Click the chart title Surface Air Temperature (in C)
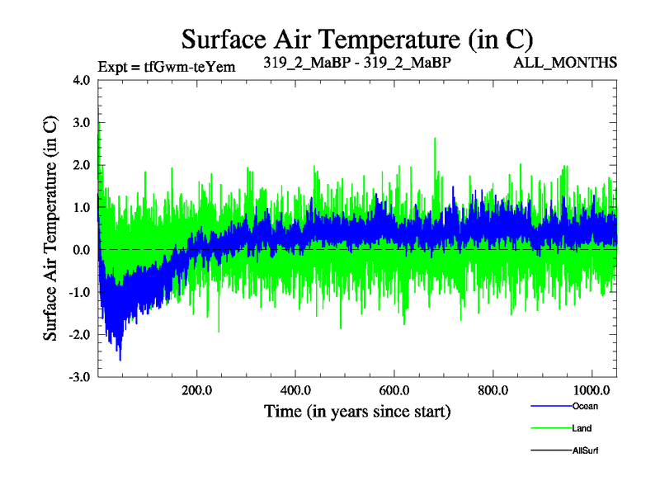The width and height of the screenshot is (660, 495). click(357, 39)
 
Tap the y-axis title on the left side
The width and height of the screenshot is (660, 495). click(50, 229)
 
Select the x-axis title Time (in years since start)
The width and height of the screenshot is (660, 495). click(357, 410)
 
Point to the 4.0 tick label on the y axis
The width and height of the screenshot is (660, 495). click(84, 81)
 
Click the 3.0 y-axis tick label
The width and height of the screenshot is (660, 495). click(84, 123)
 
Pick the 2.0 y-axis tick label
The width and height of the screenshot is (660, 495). click(84, 165)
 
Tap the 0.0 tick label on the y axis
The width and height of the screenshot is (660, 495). click(84, 250)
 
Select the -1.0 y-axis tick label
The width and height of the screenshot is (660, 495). click(82, 292)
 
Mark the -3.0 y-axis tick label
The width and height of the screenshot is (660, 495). click(82, 377)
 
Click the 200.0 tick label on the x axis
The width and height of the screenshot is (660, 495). click(196, 389)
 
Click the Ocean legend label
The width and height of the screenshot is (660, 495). click(585, 406)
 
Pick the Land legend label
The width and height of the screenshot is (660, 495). click(582, 428)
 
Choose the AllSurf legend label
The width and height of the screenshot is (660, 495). click(585, 450)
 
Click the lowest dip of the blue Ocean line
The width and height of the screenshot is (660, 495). click(120, 360)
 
